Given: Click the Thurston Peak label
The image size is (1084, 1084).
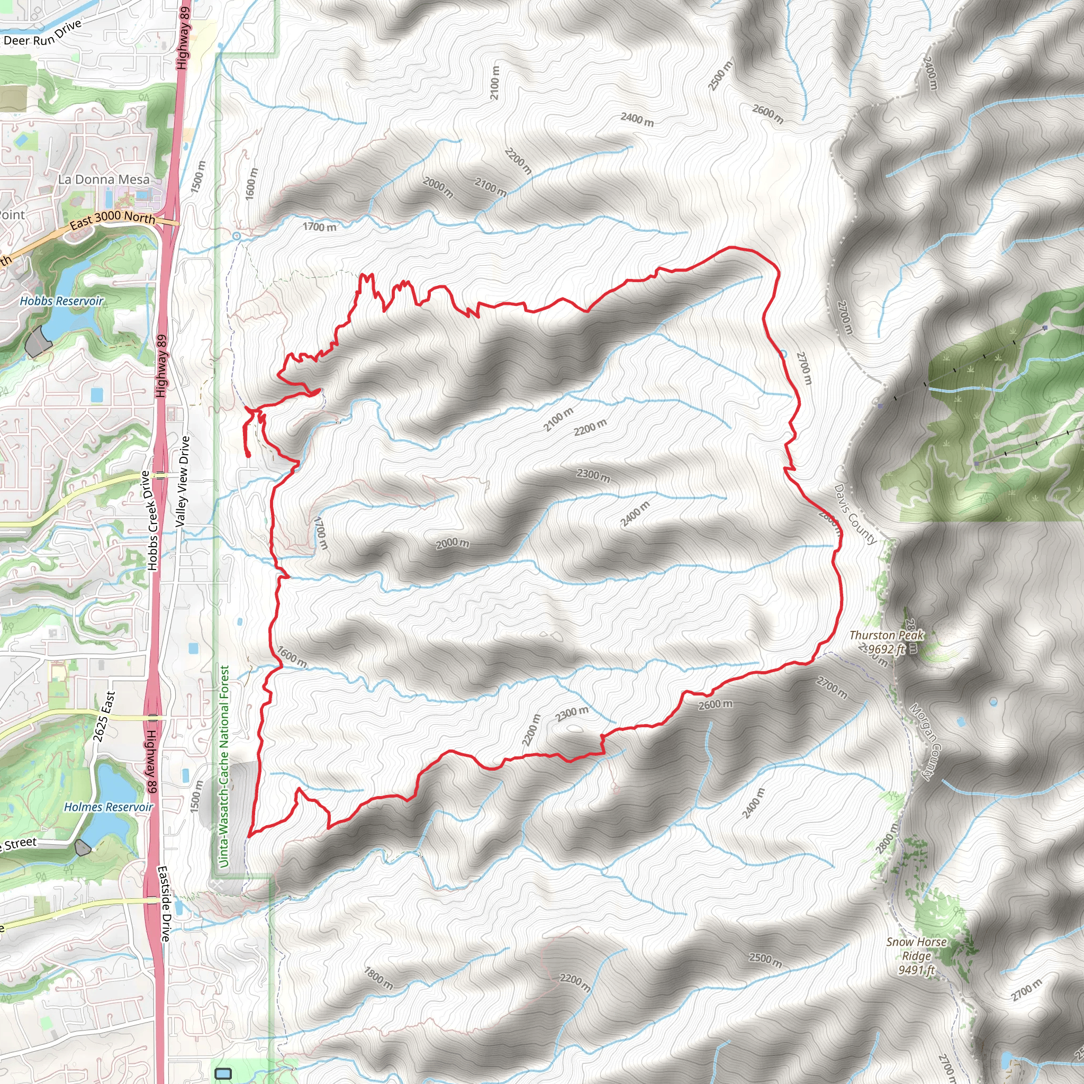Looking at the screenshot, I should coord(886,635).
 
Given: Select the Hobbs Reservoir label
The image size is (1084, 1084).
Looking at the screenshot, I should coord(62,301).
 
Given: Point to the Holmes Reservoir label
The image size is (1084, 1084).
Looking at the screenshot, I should coord(109,807).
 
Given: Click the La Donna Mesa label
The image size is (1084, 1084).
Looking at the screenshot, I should coord(104,179).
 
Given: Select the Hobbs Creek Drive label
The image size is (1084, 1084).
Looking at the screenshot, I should coord(150,521).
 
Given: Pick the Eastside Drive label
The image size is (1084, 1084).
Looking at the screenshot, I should coord(164,904).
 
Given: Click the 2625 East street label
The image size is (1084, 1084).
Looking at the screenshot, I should coord(104,717).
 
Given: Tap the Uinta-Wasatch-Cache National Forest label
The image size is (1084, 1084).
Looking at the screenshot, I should coord(224,766).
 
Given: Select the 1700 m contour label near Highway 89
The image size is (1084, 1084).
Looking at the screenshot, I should coord(320,227).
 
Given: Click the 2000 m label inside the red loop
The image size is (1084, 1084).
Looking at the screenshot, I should coord(452,543).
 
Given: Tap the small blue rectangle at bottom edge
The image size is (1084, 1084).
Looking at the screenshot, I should coord(223,1073).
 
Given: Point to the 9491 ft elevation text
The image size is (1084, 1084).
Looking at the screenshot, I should coord(916,970).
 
